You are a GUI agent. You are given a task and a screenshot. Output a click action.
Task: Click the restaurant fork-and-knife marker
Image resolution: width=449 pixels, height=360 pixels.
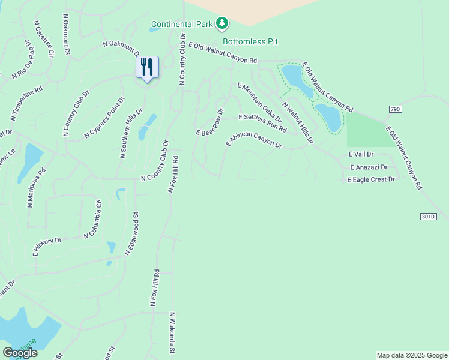pyautogui.click(x=148, y=67)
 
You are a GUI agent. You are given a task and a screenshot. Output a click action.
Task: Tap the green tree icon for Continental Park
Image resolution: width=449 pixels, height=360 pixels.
pyautogui.click(x=223, y=23)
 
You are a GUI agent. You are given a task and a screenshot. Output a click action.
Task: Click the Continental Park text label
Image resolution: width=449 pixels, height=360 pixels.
pyautogui.click(x=182, y=25)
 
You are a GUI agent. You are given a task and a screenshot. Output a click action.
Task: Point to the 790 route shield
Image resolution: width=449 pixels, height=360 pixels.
pyautogui.click(x=394, y=109)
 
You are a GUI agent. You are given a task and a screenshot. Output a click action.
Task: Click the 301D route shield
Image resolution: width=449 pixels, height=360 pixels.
pyautogui.click(x=427, y=216)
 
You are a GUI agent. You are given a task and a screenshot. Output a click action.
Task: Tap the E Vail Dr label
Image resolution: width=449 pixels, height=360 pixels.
pyautogui.click(x=361, y=155)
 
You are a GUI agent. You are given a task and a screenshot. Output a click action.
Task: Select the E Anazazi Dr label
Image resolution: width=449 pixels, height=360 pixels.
pyautogui.click(x=369, y=167)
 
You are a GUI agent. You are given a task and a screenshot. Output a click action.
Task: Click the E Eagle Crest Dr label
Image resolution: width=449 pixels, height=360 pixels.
pyautogui.click(x=371, y=179)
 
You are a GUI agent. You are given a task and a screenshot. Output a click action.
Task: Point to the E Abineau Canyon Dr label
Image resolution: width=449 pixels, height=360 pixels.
pyautogui.click(x=254, y=141)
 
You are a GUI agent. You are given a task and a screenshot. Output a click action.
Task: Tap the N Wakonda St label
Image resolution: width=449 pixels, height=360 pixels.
pyautogui.click(x=172, y=333)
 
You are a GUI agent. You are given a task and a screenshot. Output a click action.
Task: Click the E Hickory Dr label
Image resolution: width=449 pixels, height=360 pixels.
pyautogui.click(x=47, y=247)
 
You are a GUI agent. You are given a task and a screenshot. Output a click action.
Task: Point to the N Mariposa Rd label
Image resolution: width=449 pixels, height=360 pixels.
pyautogui.click(x=35, y=187)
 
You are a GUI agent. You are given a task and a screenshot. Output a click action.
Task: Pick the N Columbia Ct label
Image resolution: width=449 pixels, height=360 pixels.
pyautogui.click(x=94, y=218)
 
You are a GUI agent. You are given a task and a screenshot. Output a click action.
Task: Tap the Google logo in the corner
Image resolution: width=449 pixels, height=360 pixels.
pyautogui.click(x=20, y=353)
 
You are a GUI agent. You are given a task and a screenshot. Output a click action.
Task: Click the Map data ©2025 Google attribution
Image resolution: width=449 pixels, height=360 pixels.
pyautogui.click(x=411, y=355)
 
